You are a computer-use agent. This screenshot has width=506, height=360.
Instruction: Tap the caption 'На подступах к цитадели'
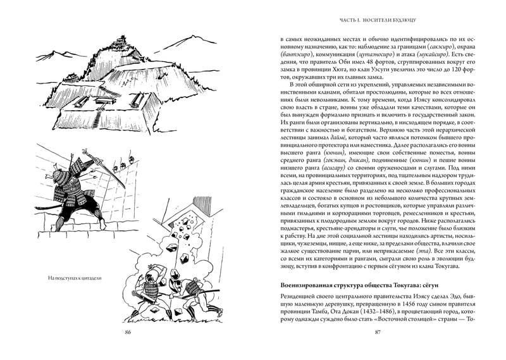point(75,278)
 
